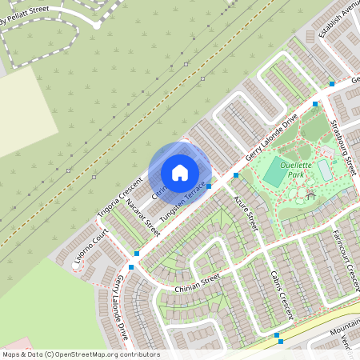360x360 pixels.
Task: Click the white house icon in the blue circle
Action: (x=180, y=172)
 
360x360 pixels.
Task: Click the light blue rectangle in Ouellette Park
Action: (x=325, y=170)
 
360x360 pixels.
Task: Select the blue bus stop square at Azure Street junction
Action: (x=236, y=175)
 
